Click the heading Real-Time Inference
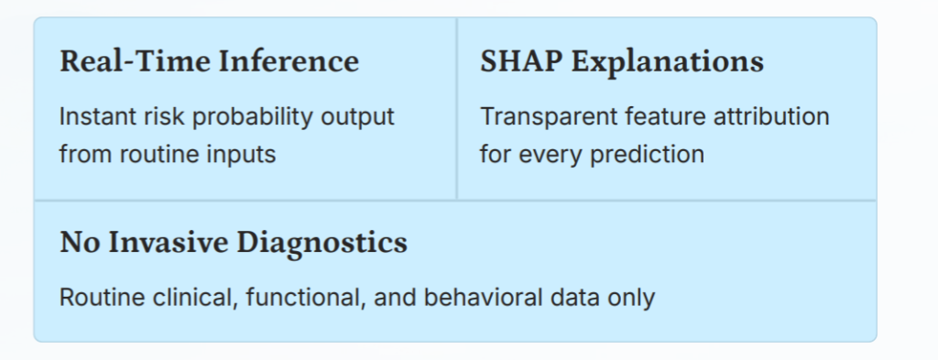(210, 61)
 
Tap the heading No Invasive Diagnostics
(234, 244)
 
